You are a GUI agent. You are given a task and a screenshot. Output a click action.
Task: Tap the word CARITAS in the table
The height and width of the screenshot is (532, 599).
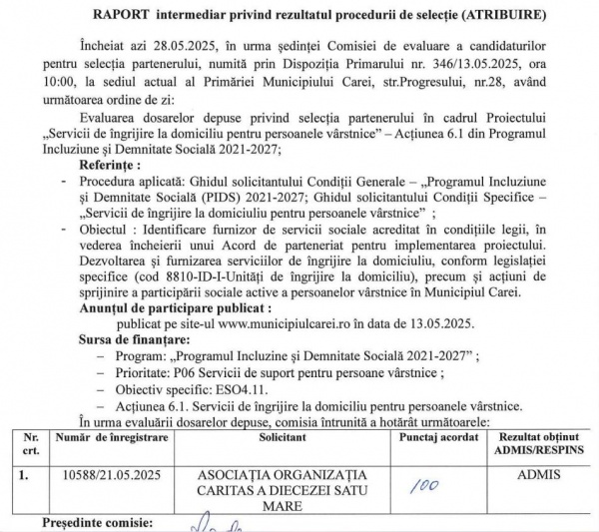(x=249, y=490)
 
